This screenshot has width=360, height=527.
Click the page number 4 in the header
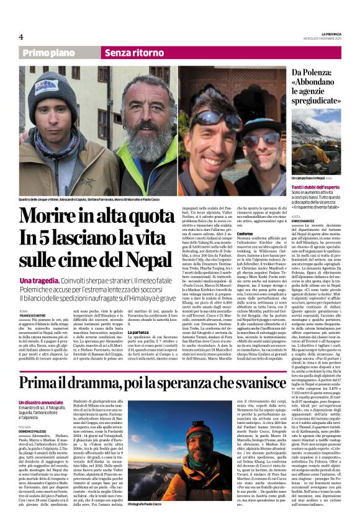pos(21,37)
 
